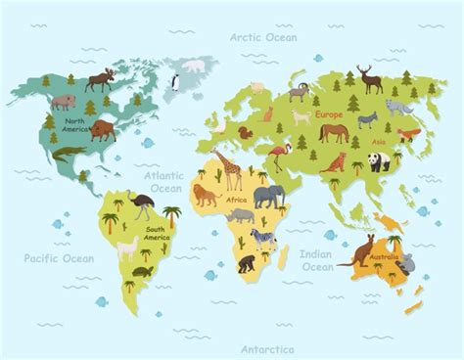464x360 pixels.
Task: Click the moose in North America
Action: coord(101,78)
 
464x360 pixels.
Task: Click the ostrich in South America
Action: coord(143,204)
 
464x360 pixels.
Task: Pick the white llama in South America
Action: coord(130,250)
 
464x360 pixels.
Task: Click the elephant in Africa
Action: coord(267,198)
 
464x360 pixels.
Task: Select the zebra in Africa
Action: coord(263,238)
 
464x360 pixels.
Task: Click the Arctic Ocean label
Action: coord(263,36)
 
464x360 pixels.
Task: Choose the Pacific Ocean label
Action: coord(60,258)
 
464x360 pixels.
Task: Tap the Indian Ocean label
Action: coord(316,260)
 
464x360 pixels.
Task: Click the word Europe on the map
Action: coord(329,114)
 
